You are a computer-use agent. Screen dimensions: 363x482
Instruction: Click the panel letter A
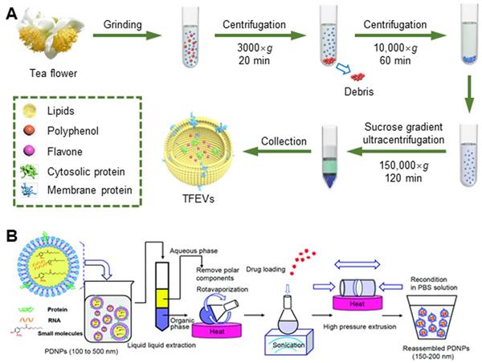coord(11,14)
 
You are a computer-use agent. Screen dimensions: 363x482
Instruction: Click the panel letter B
coord(11,237)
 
